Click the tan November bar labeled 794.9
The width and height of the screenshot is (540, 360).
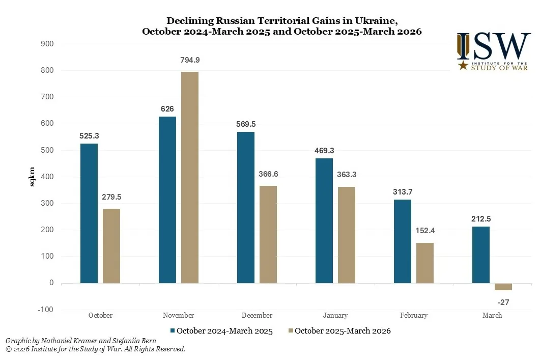190,177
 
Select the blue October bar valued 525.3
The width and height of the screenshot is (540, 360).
89,213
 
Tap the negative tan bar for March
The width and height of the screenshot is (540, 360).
503,287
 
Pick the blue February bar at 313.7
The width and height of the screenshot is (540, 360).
403,241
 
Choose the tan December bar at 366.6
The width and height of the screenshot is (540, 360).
268,234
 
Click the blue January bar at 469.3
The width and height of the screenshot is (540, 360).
324,220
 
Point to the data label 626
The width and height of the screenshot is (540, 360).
167,109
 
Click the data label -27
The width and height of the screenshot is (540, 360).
504,302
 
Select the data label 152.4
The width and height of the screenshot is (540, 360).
425,231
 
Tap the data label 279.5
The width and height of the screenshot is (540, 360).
111,197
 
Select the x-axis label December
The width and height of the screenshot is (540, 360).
257,316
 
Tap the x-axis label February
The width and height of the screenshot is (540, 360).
414,316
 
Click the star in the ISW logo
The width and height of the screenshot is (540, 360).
463,66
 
